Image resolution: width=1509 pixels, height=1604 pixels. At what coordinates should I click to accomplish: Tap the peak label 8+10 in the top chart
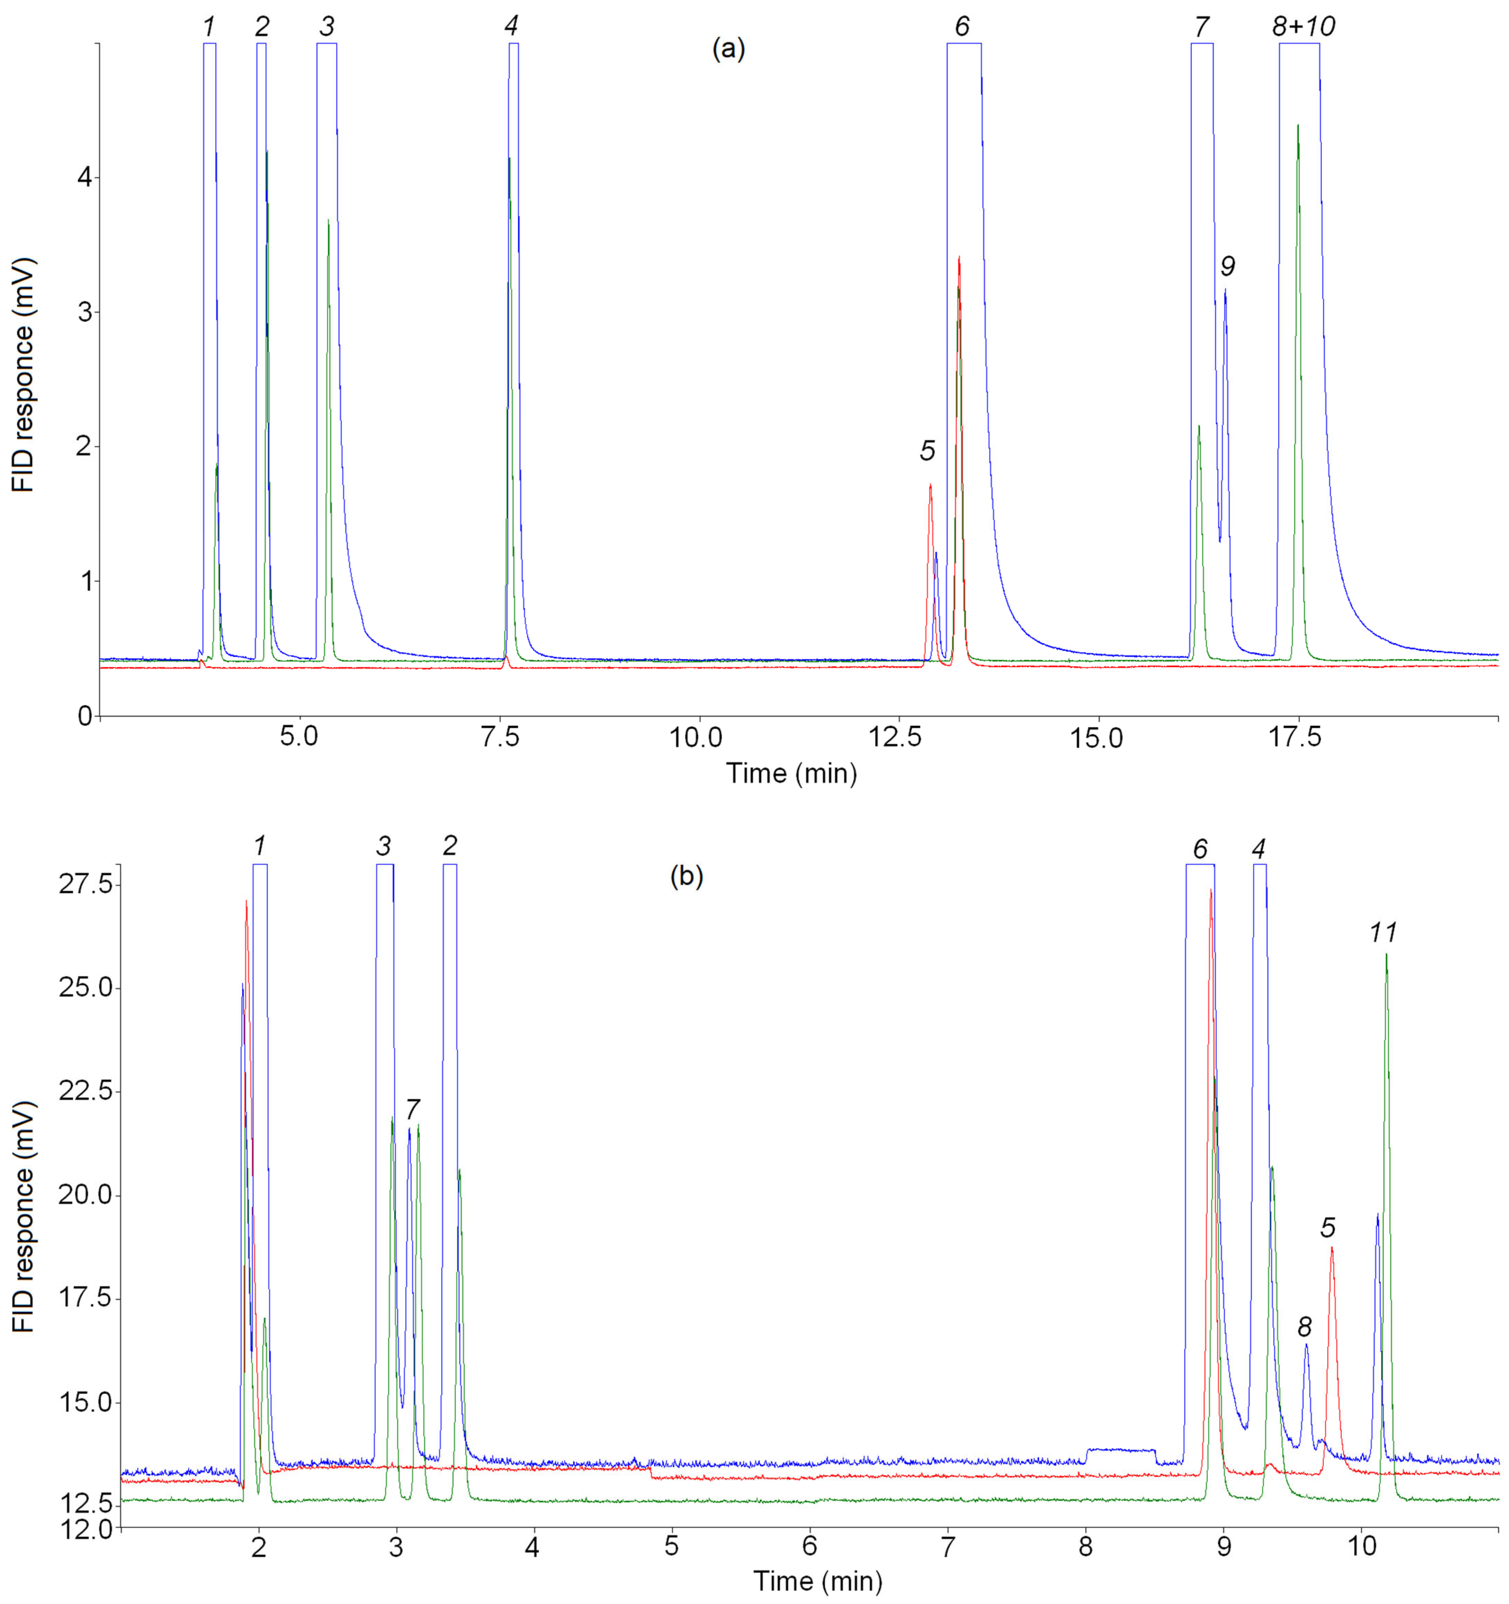coord(1303,27)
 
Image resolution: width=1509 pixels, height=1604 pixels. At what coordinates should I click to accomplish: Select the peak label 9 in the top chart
coord(1227,265)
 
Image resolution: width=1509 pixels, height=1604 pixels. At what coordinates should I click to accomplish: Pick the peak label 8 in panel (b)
coord(1305,1327)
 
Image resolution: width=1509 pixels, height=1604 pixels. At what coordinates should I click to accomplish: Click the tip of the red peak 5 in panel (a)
coord(930,485)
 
